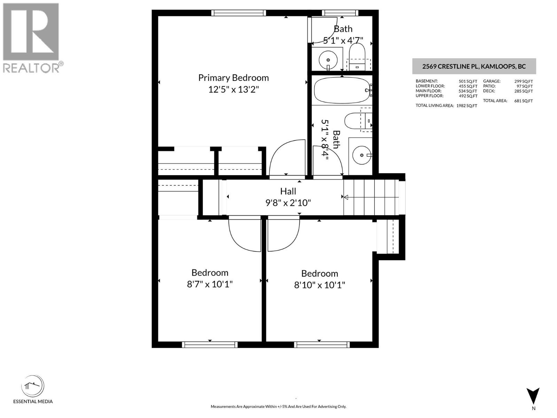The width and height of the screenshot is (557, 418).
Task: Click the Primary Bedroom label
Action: pyautogui.click(x=233, y=78)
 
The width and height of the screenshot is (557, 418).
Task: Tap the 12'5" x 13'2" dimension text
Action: pyautogui.click(x=233, y=90)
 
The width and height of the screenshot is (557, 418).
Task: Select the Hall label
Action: pyautogui.click(x=288, y=191)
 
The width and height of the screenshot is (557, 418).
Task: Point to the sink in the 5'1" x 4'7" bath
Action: pyautogui.click(x=328, y=60)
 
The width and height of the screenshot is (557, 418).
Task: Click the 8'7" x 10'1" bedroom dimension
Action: pyautogui.click(x=210, y=284)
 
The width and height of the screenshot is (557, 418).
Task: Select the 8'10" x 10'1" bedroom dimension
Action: pyautogui.click(x=319, y=285)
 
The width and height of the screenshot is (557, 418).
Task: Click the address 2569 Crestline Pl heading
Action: pyautogui.click(x=474, y=67)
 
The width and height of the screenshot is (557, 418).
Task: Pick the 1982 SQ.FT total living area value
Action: pyautogui.click(x=466, y=106)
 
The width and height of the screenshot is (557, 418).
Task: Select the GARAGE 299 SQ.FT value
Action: pyautogui.click(x=524, y=81)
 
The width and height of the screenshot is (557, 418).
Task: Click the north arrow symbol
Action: pyautogui.click(x=533, y=396)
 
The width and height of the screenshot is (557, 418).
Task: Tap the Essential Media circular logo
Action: pyautogui.click(x=33, y=386)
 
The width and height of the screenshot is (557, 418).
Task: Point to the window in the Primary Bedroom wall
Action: pyautogui.click(x=239, y=13)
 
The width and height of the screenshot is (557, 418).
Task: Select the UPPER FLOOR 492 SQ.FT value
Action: pyautogui.click(x=468, y=96)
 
